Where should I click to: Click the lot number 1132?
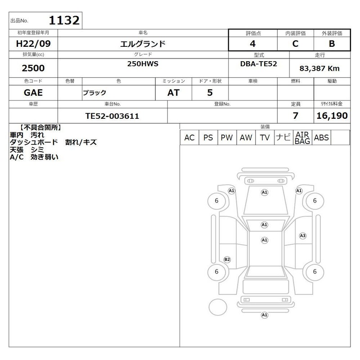[x=64, y=20]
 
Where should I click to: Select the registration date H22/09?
[x=33, y=44]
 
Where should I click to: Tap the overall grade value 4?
[x=253, y=44]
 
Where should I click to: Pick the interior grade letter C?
[x=295, y=44]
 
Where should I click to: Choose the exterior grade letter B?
[x=332, y=44]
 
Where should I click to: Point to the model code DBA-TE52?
[x=258, y=64]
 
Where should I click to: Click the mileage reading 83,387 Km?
[x=319, y=68]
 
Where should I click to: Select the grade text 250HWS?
[x=143, y=64]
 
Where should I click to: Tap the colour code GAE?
[x=33, y=93]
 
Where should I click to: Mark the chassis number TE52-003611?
[x=112, y=116]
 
